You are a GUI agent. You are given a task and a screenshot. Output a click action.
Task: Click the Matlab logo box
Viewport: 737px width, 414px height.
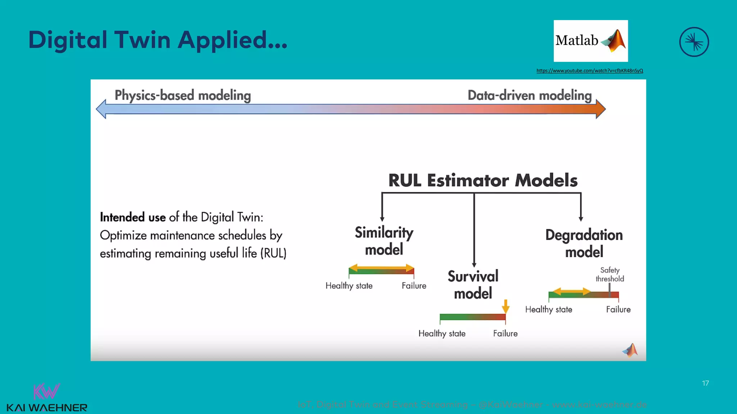[591, 41]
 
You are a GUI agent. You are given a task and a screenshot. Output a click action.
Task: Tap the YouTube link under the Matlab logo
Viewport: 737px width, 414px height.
[589, 71]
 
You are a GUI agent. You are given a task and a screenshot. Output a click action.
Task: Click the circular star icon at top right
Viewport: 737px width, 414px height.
[694, 42]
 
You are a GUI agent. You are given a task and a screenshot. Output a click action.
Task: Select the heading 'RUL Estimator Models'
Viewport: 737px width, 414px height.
[483, 180]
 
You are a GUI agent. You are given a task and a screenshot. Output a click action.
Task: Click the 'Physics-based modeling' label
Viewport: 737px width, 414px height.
[182, 96]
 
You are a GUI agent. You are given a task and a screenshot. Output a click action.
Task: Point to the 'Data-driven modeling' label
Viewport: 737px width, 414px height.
[529, 96]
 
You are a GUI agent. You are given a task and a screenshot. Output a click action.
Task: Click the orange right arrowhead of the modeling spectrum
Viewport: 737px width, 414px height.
[601, 109]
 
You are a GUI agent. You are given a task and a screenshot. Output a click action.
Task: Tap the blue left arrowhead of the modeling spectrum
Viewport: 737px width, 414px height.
[101, 109]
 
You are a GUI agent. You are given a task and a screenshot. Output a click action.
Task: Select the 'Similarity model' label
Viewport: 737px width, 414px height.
[384, 241]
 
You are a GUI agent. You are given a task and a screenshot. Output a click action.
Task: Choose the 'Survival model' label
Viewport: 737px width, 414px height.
[473, 285]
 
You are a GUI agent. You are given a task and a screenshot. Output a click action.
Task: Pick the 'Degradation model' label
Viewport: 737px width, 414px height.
[584, 243]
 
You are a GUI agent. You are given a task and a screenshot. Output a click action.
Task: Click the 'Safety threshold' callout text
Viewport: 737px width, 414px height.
[610, 274]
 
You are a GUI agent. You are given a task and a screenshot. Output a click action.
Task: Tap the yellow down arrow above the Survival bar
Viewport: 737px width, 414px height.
[506, 306]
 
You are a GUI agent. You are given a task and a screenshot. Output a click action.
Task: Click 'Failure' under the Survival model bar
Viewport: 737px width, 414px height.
[505, 333]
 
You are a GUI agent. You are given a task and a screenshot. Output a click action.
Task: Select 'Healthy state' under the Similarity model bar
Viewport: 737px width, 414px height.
[349, 286]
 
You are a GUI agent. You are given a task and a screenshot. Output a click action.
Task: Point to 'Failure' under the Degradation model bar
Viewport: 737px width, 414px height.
[618, 309]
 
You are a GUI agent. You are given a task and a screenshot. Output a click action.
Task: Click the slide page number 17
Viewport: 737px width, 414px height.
[705, 383]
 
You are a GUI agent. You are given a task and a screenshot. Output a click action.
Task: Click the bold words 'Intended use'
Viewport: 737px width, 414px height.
[132, 217]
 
